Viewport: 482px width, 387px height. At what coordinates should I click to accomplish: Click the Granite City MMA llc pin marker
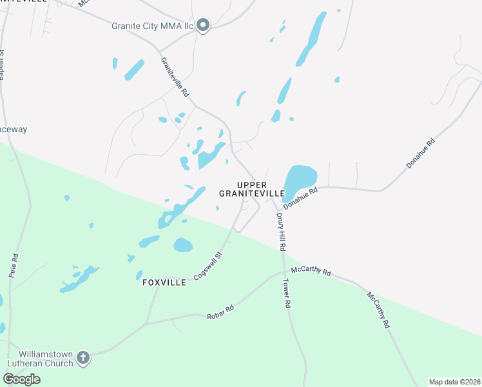click(203, 26)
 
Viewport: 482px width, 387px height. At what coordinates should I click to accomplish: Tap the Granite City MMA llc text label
click(153, 26)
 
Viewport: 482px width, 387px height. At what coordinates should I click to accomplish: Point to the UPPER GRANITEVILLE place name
click(252, 189)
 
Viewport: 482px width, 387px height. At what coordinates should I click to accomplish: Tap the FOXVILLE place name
click(164, 283)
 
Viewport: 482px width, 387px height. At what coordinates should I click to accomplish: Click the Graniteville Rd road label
click(175, 77)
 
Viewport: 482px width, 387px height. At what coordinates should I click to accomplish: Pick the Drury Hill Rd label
click(281, 232)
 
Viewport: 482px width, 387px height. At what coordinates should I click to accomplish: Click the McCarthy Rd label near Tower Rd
click(311, 272)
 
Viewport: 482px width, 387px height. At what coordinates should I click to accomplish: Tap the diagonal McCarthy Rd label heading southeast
click(378, 311)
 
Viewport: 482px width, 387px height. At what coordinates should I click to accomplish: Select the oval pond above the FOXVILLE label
click(183, 245)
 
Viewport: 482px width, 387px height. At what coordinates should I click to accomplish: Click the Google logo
click(21, 379)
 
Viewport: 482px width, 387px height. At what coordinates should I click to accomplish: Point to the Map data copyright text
click(454, 382)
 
